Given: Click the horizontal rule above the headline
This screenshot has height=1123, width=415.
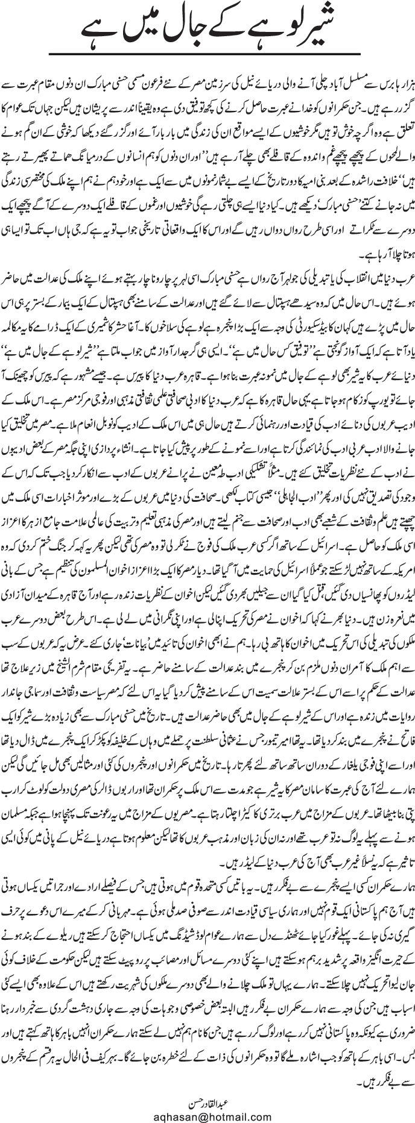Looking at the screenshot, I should pyautogui.click(x=207, y=5).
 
